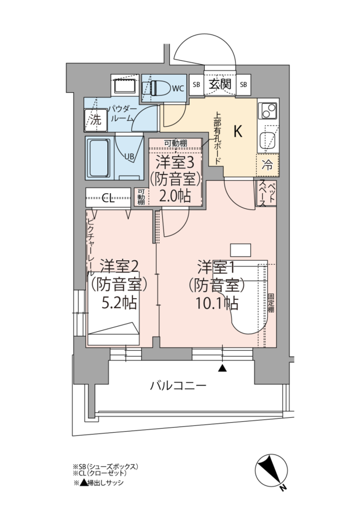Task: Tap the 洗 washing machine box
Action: point(96,120)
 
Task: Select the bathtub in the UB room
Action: point(99,158)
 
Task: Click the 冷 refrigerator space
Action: point(267,165)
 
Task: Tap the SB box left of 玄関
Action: point(197,85)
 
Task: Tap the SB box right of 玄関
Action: point(243,85)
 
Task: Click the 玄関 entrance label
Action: point(220,84)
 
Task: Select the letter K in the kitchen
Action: point(238,132)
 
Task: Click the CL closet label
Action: point(108,199)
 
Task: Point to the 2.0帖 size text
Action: point(175,195)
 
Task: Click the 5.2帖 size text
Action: point(120,303)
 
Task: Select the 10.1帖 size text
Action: point(216,303)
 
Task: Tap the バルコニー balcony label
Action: point(178,386)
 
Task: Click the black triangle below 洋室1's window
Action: point(222,368)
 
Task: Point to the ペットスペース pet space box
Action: point(267,194)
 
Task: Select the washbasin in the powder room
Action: point(125,86)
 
